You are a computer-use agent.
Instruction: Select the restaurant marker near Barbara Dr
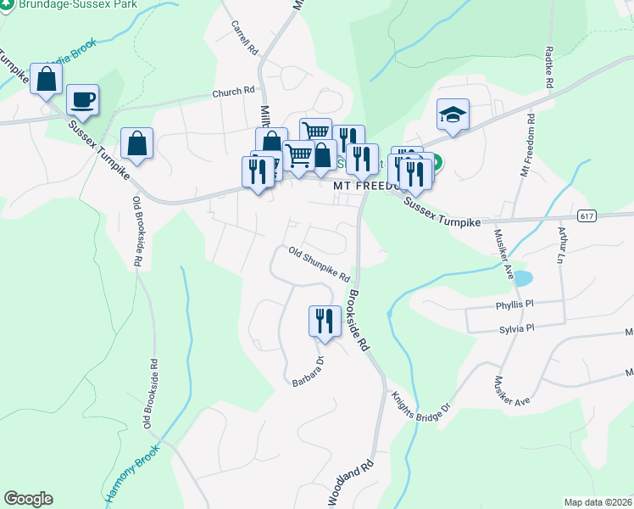(x=324, y=321)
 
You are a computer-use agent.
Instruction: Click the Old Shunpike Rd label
(x=319, y=264)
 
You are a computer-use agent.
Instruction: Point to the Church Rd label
(x=233, y=93)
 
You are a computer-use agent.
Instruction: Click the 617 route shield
(x=587, y=216)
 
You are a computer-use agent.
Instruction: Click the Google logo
(x=28, y=499)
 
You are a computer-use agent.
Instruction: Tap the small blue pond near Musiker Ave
(x=522, y=277)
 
